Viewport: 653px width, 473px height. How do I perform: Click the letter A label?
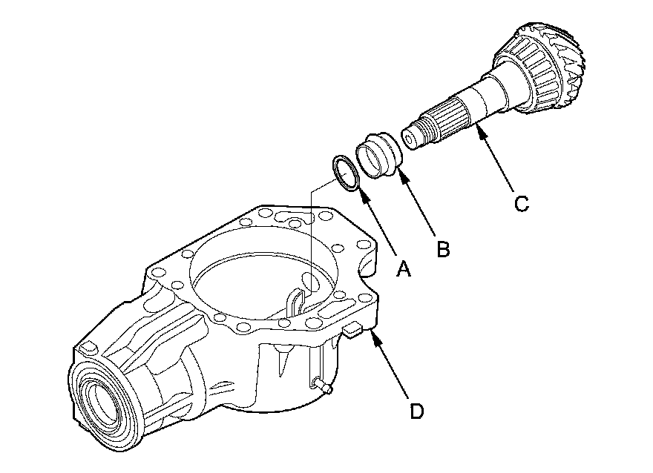click(404, 269)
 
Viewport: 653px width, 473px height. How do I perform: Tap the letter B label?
click(442, 249)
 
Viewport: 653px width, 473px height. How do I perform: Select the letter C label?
click(522, 203)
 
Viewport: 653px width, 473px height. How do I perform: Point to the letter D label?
click(417, 410)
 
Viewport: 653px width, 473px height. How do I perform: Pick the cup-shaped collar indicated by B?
click(378, 153)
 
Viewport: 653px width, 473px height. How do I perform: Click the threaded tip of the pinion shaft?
click(413, 138)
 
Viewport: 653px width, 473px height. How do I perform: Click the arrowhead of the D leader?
click(375, 335)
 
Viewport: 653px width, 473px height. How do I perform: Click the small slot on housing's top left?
click(88, 347)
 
